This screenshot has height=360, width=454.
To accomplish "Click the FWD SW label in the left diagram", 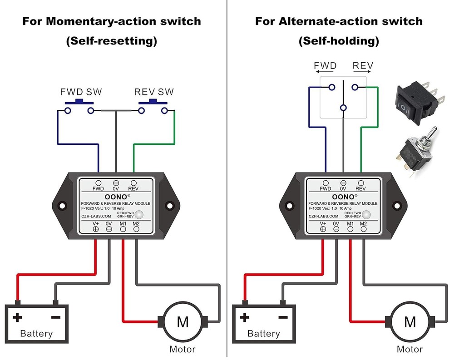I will coord(81,92).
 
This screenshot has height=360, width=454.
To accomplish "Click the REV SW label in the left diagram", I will coord(154,92).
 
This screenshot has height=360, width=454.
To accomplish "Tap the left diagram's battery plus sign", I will coord(18,317).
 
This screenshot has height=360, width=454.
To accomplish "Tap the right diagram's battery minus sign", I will coord(282,317).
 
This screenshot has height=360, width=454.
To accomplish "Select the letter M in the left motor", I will coord(183,322).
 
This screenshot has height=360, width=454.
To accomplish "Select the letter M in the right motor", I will coord(410,322).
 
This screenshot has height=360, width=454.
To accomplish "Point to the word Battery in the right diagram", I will coord(264,334).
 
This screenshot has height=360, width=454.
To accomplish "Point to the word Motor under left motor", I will coord(183,349).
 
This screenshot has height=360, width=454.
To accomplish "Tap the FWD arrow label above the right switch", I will coord(326,66).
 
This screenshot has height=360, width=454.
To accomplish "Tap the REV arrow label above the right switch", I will coord(363,66).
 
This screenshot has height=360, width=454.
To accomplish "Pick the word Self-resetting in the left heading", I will coord(112,41).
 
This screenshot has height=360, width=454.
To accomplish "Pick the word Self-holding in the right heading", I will coord(339,41).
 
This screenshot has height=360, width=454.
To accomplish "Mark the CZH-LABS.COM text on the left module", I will coord(96,217).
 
